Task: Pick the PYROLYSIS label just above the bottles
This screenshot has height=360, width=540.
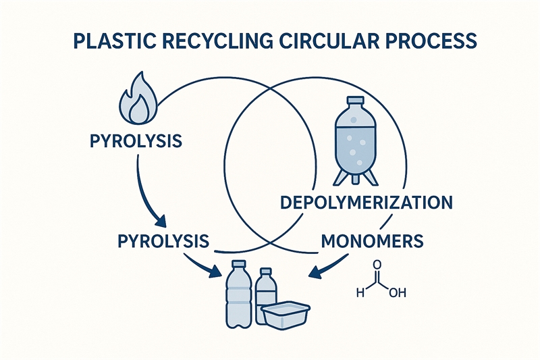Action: tap(163, 240)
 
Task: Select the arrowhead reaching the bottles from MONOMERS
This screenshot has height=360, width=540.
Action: tap(313, 273)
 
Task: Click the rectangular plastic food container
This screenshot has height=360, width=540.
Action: tap(285, 316)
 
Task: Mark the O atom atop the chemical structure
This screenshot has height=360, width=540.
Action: tap(376, 265)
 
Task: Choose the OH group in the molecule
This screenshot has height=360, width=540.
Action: tap(398, 293)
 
